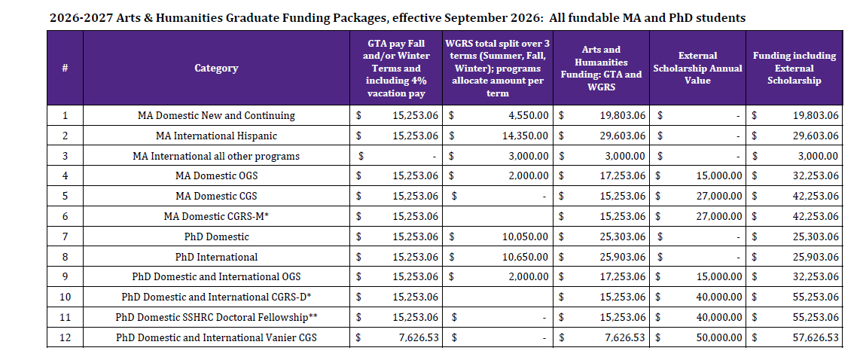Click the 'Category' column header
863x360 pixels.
(216, 68)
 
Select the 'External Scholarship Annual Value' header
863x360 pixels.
(697, 68)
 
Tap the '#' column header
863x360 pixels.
(65, 68)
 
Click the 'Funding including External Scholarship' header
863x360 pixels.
(794, 68)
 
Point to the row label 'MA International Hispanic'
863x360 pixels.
(216, 136)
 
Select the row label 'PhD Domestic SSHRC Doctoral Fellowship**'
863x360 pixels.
(216, 317)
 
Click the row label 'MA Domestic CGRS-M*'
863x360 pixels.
(216, 216)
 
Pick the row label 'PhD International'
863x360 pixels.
(216, 257)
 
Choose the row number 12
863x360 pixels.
(65, 337)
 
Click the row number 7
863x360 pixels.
(65, 236)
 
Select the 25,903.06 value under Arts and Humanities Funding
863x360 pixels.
(618, 257)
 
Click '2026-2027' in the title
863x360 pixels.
(81, 17)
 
